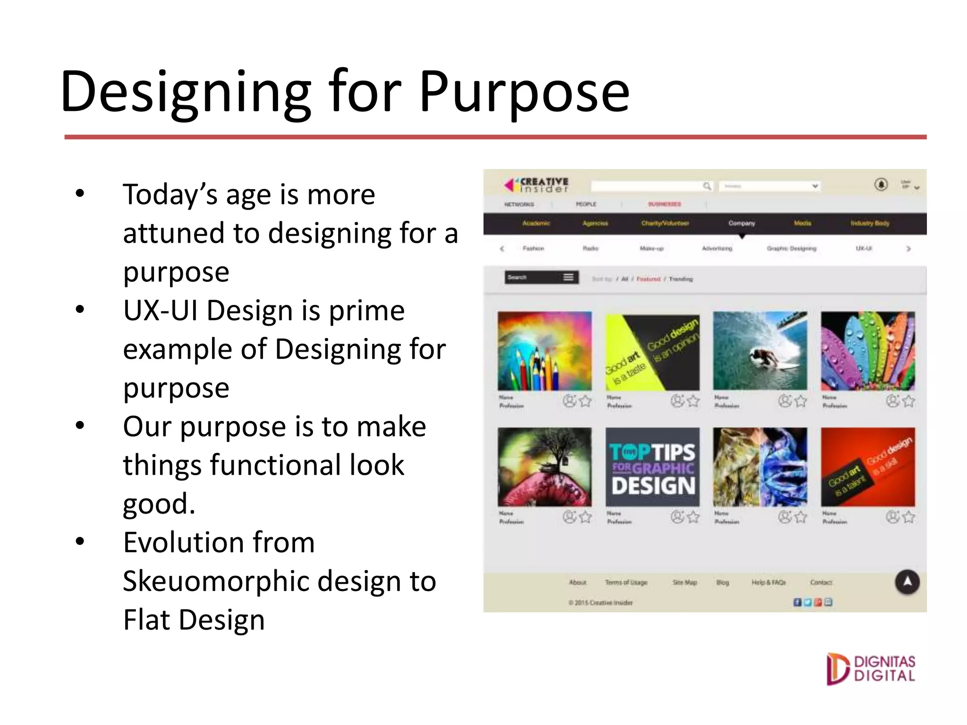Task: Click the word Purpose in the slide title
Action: point(524,92)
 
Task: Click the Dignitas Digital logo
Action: point(870,669)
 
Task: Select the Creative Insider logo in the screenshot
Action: point(537,185)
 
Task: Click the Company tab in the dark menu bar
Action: point(741,223)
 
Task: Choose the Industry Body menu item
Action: point(869,223)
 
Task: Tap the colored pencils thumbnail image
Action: point(544,351)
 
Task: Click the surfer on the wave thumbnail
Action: point(760,351)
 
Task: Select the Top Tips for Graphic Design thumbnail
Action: point(652,467)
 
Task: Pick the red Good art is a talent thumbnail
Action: point(867,467)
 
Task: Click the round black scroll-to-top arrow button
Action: point(907,582)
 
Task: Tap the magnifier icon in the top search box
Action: point(707,186)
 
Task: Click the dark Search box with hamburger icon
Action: point(541,278)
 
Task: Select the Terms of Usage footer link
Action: point(626,582)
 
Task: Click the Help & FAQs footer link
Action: point(769,582)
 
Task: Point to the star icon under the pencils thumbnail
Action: point(585,401)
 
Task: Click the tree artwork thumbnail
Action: point(544,467)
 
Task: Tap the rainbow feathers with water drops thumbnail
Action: point(867,351)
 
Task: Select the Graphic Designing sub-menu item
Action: point(791,248)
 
